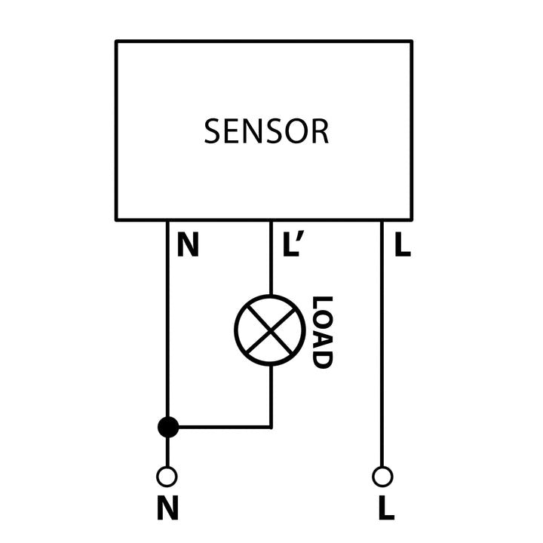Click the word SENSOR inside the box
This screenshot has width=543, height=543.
coord(266,131)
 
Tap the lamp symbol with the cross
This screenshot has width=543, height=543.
coord(270,330)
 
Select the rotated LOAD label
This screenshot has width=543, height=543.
coord(322,332)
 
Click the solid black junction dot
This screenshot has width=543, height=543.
coord(167,427)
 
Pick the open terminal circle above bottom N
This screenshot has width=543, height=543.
coord(167,477)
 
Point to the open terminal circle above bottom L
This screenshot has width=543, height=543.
coord(382,477)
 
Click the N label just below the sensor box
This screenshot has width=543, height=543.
coord(188,246)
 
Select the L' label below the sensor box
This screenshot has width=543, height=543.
coord(291,246)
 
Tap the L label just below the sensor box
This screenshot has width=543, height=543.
coord(403,246)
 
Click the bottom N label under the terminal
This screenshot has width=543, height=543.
coord(167,510)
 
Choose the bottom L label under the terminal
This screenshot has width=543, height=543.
coord(385,510)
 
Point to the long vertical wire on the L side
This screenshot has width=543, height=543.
coord(382,347)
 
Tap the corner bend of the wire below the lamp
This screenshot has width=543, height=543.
coord(270,427)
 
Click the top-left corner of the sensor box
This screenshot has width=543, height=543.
coord(117,41)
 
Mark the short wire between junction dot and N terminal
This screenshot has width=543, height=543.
coord(167,452)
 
